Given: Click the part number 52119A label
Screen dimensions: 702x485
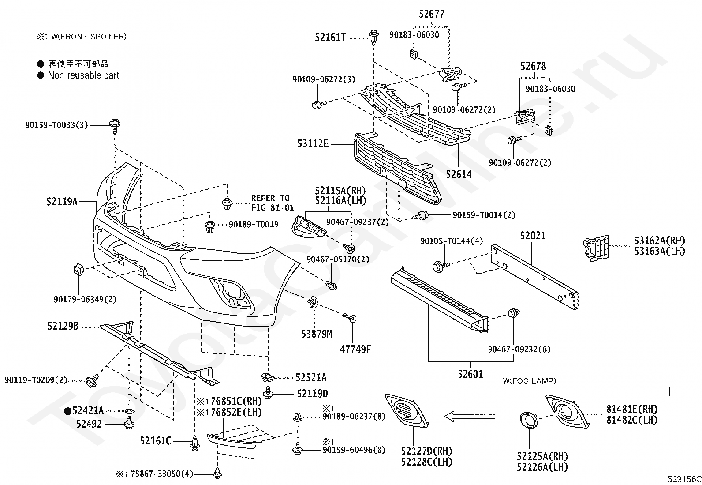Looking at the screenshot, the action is [62, 201].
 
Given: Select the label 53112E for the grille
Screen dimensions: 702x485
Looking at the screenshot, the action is [313, 144].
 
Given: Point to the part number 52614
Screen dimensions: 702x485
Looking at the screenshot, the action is [459, 174].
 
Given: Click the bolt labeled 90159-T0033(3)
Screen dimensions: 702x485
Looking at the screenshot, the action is [115, 126].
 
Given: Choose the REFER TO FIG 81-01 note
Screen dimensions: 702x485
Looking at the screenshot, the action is [273, 203].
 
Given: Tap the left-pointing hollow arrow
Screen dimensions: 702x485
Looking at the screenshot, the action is [470, 416].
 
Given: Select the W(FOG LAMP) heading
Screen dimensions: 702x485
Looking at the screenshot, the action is [529, 381].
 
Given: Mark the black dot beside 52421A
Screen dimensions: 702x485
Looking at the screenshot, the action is [67, 411].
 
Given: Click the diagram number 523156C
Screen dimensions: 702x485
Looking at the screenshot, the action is [684, 479].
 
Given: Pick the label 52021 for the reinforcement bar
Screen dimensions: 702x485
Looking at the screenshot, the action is [533, 236].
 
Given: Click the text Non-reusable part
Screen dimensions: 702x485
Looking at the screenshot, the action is [83, 75].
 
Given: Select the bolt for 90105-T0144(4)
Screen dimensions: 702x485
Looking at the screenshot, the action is [441, 267].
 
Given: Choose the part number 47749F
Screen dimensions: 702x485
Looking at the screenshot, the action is [355, 349].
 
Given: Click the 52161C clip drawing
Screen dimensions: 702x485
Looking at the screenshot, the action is [195, 443].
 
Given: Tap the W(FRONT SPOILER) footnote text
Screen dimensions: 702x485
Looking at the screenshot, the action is [89, 37].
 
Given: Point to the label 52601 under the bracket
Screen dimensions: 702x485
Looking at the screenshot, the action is [470, 374].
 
